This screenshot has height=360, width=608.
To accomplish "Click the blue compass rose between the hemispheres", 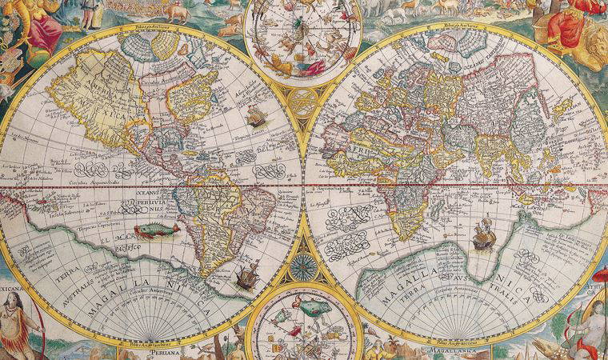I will click(304, 266).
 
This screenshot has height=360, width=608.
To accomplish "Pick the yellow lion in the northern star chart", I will click(282, 62).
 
